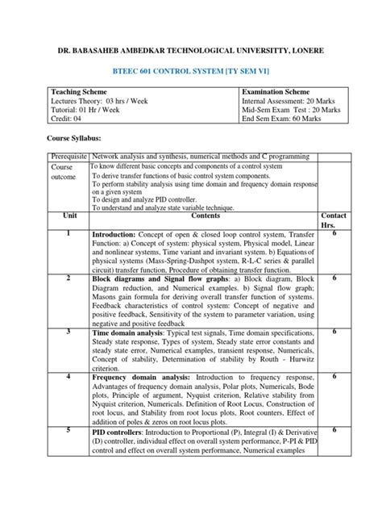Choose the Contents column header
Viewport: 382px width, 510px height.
coord(203,216)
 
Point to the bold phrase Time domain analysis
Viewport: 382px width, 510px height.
coord(132,332)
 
